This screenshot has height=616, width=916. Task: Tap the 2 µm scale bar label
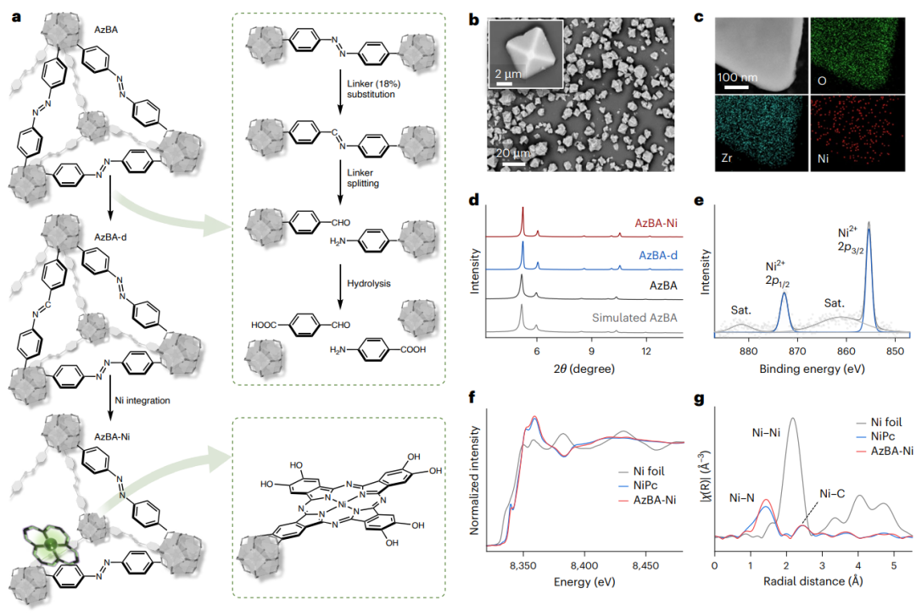[x=511, y=74]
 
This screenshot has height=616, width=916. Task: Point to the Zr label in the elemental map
[x=729, y=158]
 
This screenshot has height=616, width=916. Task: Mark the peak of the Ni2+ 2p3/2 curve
[x=869, y=223]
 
